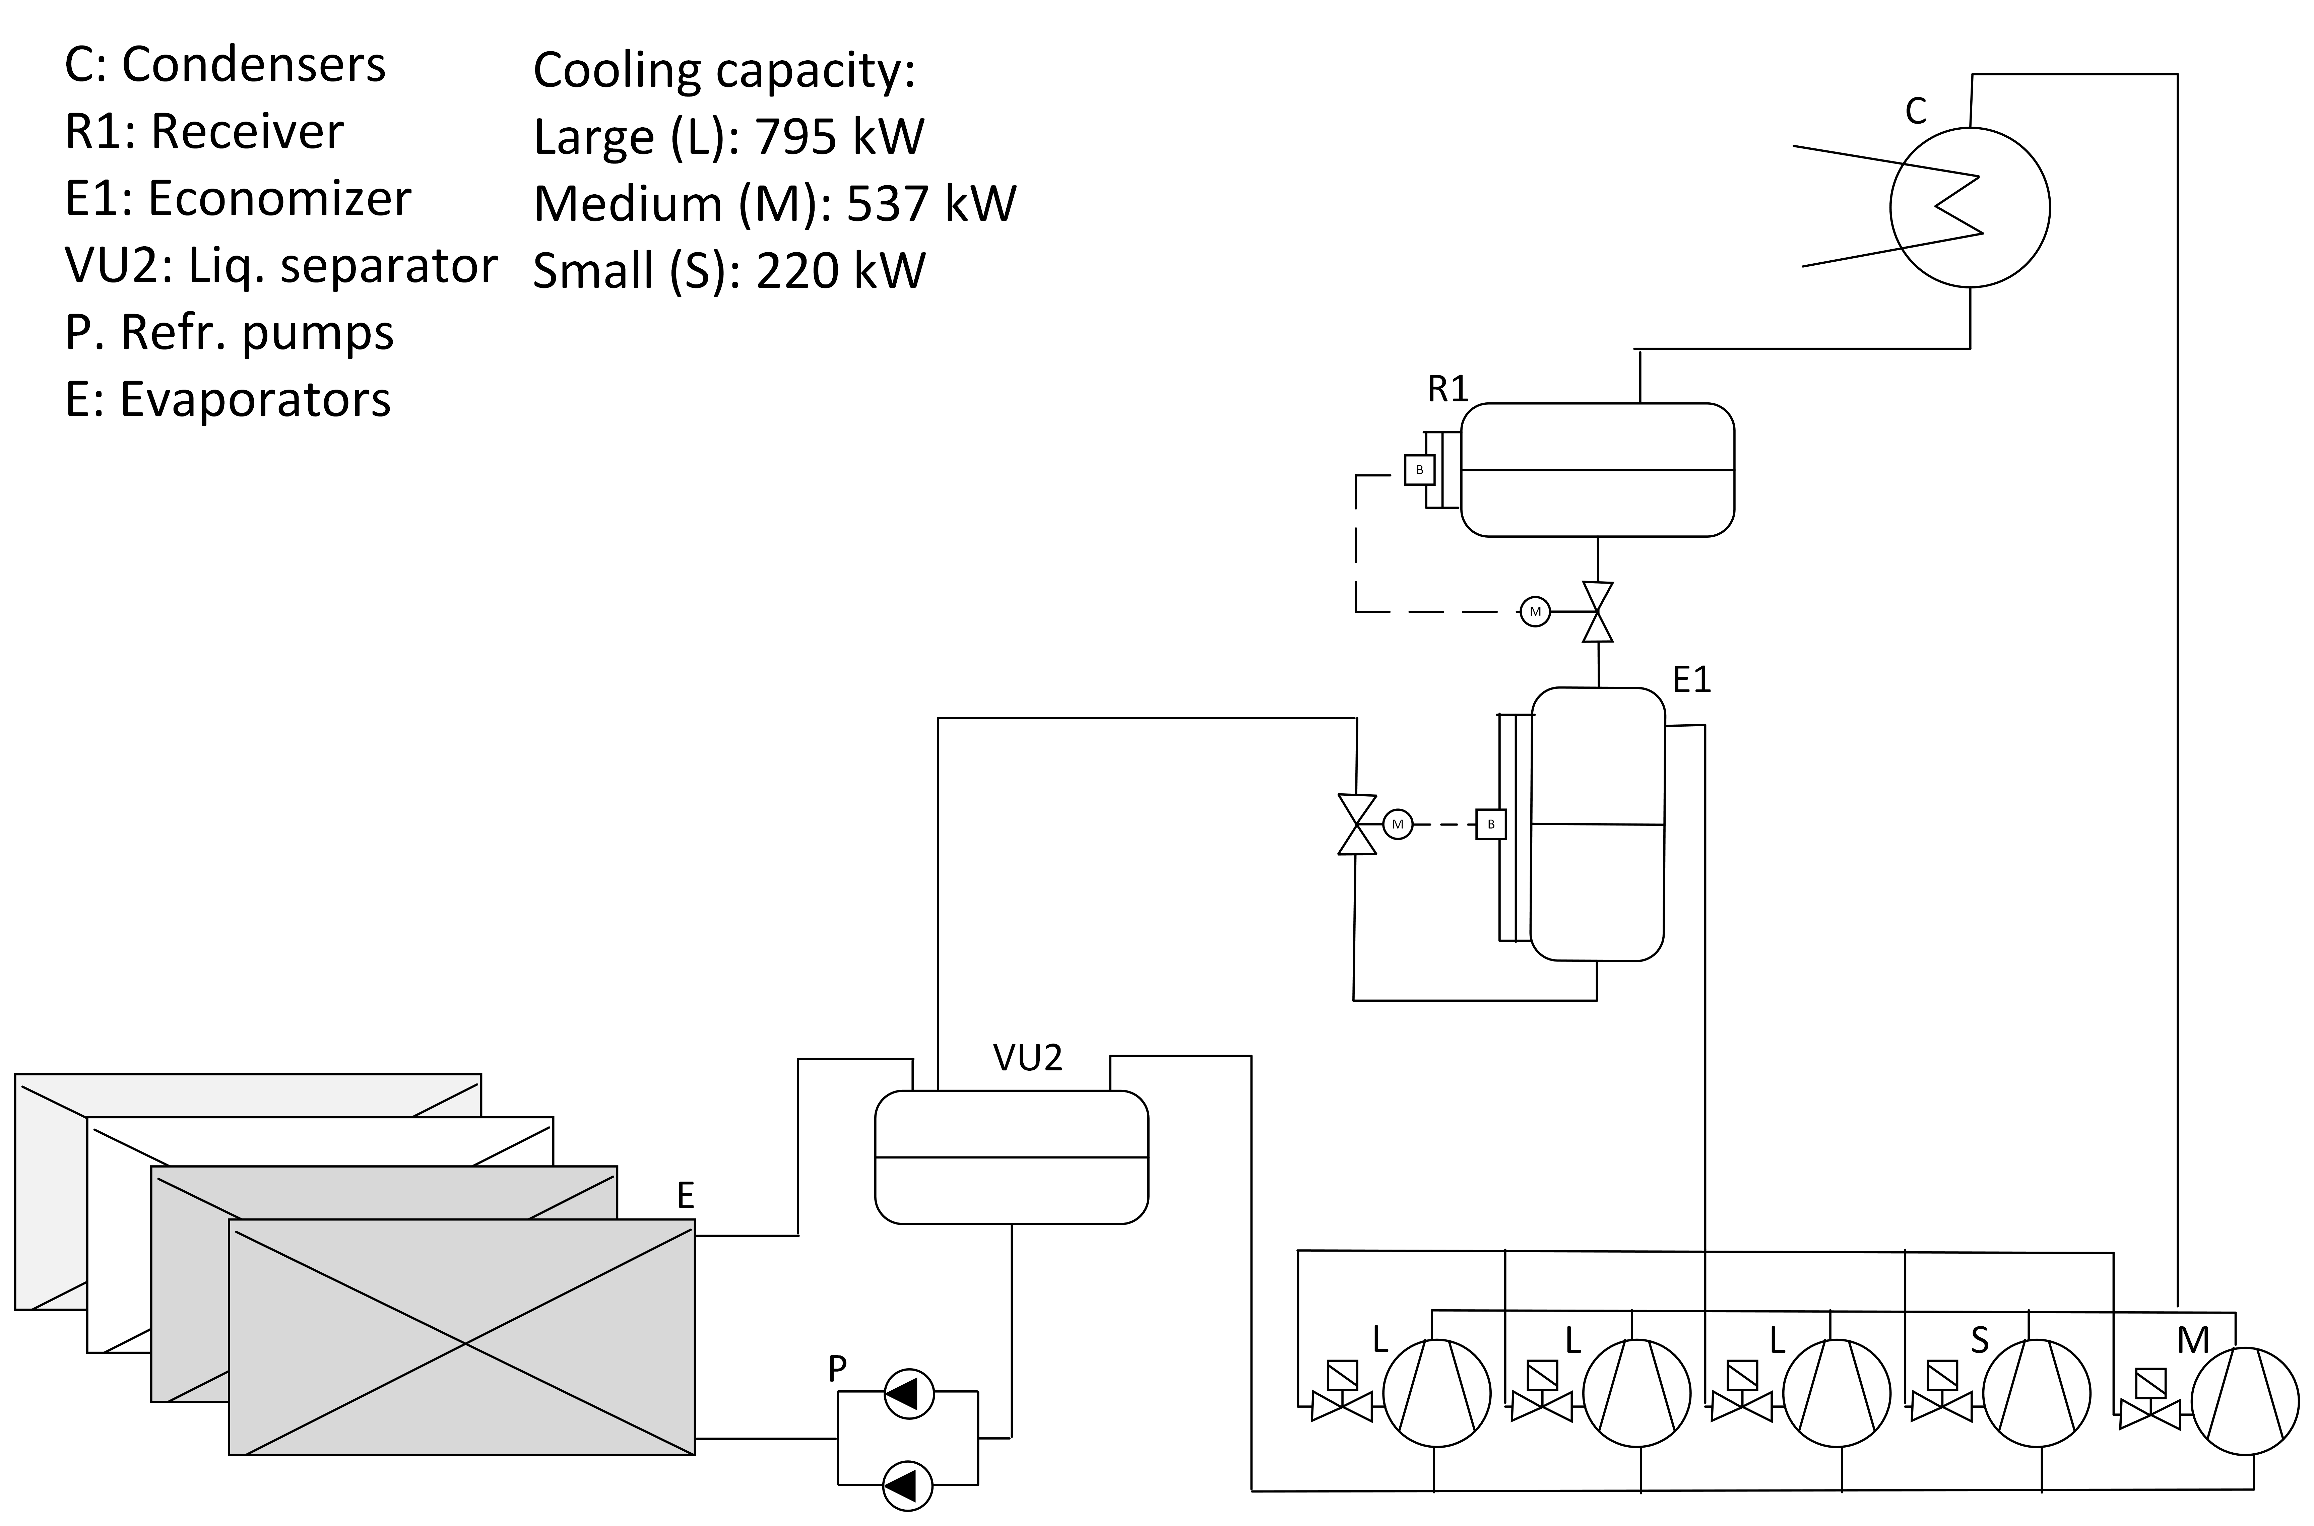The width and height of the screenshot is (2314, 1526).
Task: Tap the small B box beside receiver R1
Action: point(1420,470)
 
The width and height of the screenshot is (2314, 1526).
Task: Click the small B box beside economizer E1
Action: point(1491,824)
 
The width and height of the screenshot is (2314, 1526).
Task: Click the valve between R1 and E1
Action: point(1598,612)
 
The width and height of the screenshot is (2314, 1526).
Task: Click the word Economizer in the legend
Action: point(279,199)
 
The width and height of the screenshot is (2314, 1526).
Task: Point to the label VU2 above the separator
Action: point(1028,1058)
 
